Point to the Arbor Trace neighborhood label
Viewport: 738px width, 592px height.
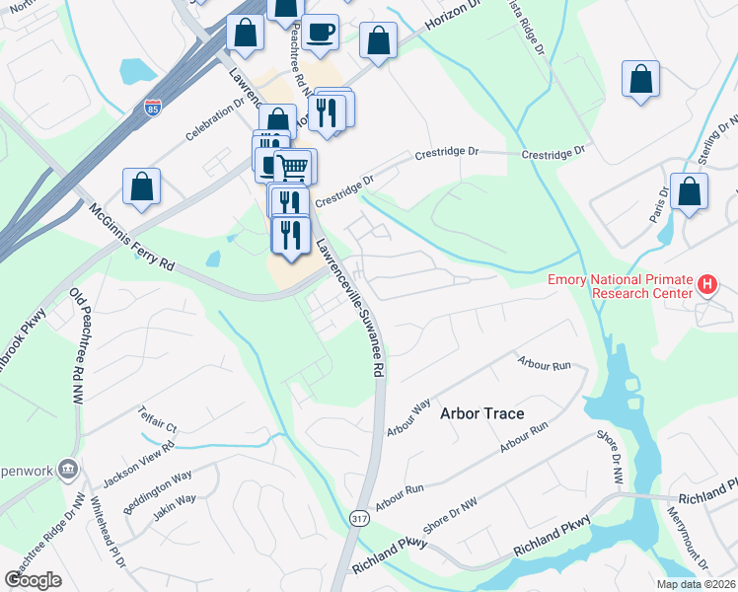coord(481,413)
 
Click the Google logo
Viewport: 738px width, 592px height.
coord(33,580)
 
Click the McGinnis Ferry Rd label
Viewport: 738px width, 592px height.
coord(131,238)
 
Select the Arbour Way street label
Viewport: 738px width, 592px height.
coord(409,418)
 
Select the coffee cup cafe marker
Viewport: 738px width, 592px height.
coord(320,33)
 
